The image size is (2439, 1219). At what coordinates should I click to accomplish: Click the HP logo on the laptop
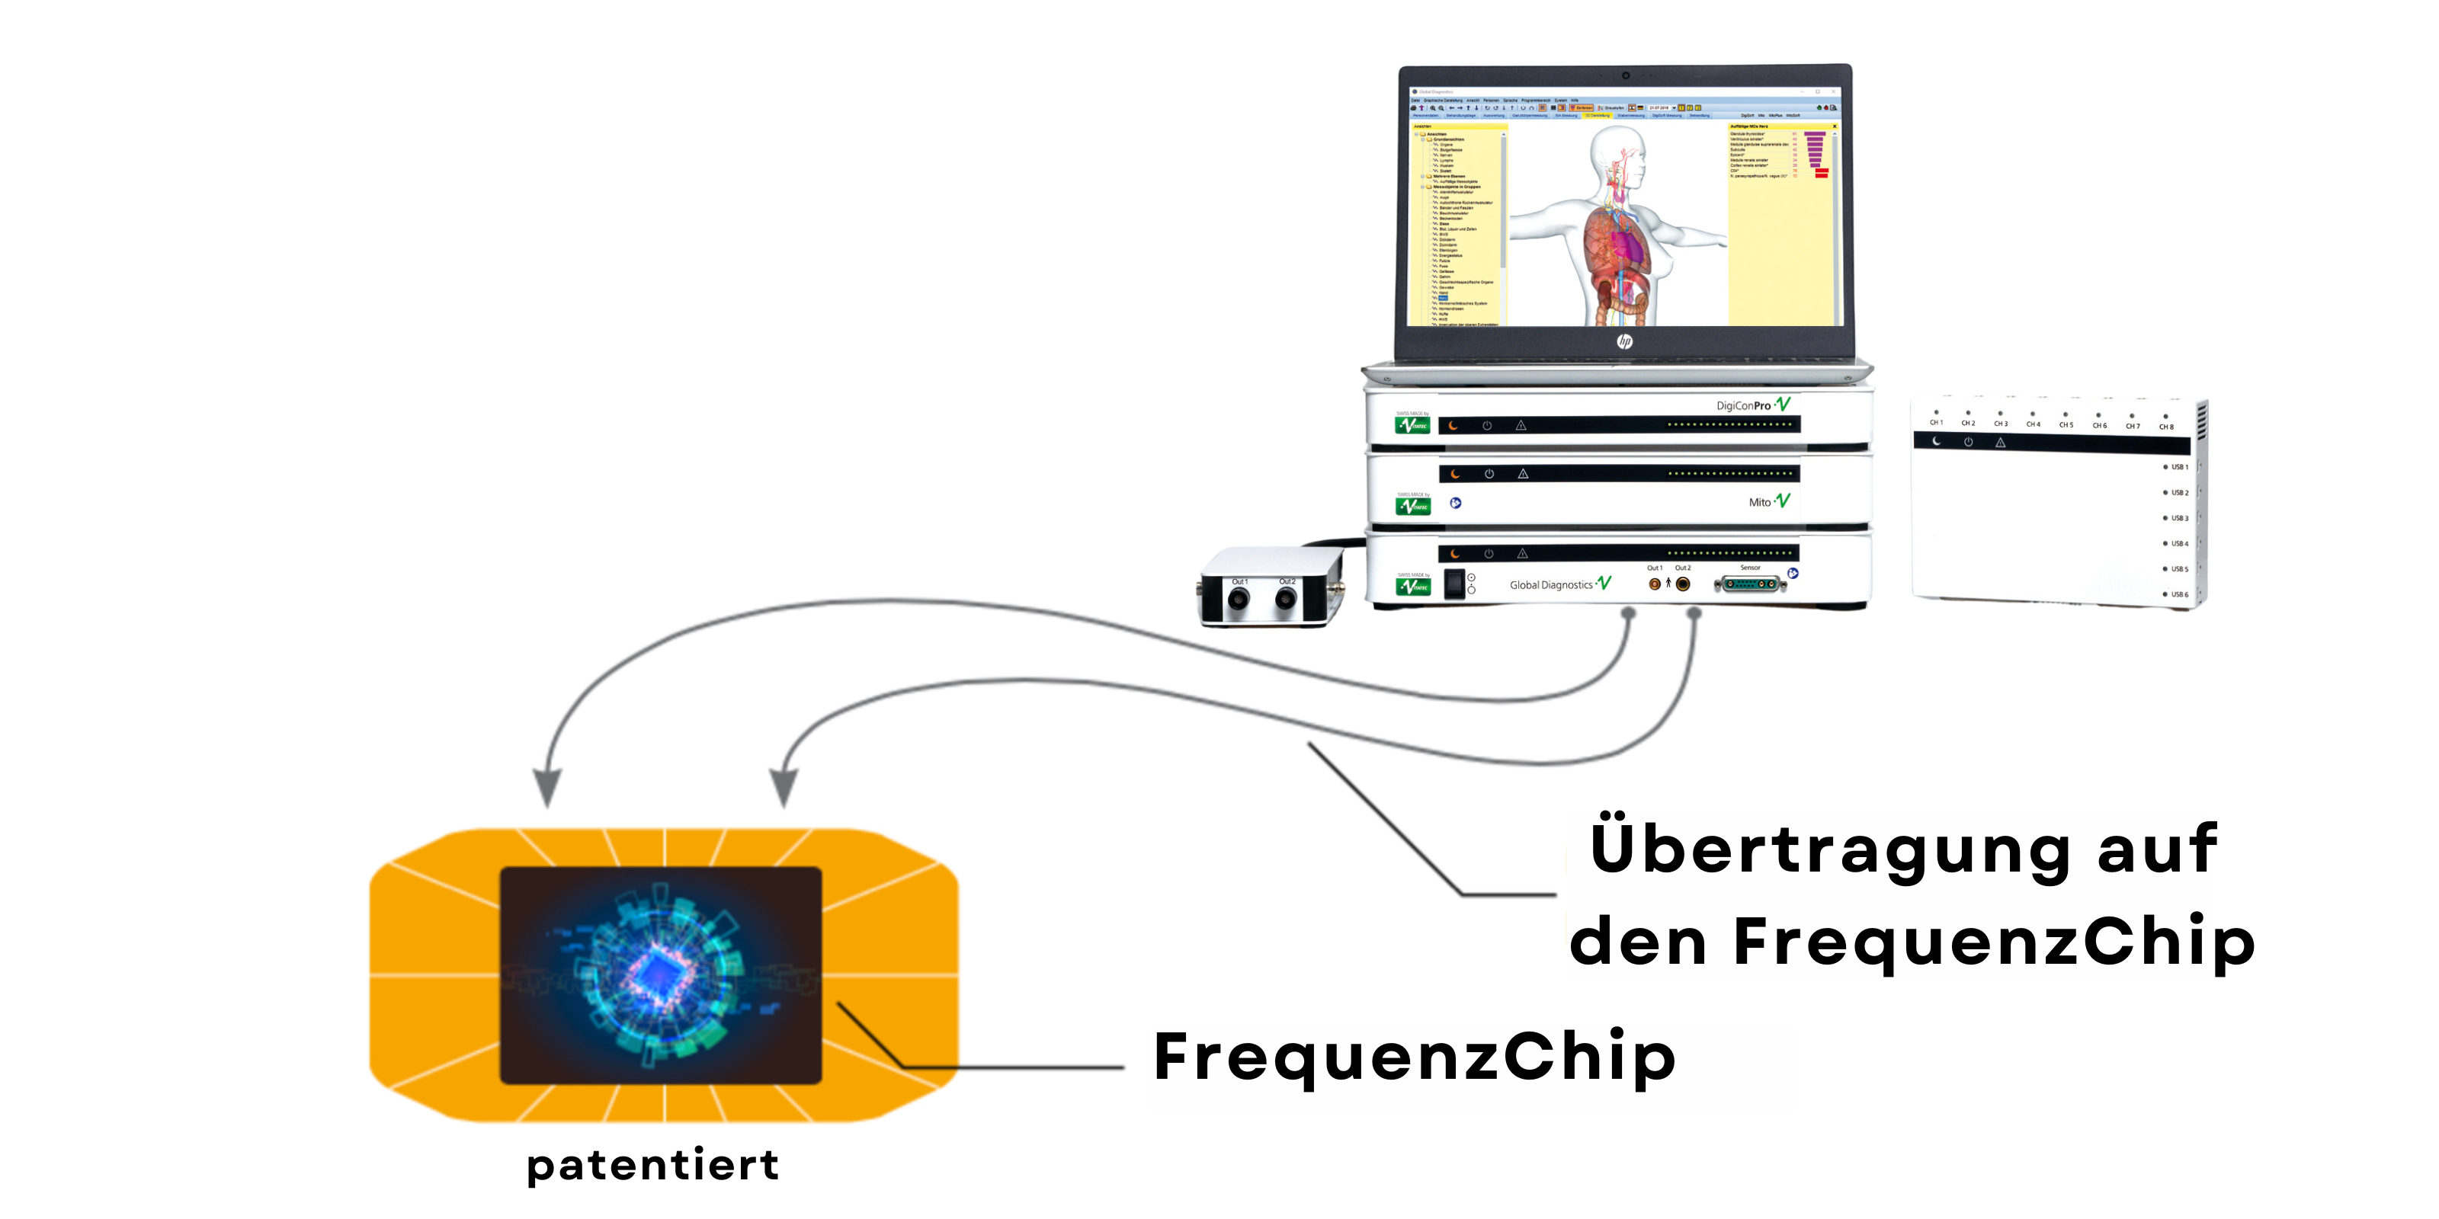[x=1625, y=341]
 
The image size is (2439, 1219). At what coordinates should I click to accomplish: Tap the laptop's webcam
[x=1626, y=75]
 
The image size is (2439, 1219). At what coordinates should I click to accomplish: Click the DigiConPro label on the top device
[x=1743, y=406]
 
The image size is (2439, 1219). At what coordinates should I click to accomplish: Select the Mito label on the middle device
[x=1759, y=503]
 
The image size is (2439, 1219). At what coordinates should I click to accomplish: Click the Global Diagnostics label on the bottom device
[x=1551, y=585]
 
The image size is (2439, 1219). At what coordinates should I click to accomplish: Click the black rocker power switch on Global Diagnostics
[x=1453, y=584]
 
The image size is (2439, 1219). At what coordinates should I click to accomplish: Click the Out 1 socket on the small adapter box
[x=1239, y=598]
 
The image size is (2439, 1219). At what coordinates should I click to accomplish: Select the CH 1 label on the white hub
[x=1936, y=422]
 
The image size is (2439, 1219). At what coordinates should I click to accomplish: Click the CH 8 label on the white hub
[x=2166, y=427]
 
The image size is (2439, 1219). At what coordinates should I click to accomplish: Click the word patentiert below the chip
[x=653, y=1165]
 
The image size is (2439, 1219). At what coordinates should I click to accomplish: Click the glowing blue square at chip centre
[x=655, y=972]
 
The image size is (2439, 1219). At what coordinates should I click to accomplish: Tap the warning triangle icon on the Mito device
[x=1523, y=473]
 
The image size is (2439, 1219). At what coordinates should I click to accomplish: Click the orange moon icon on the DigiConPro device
[x=1453, y=426]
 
